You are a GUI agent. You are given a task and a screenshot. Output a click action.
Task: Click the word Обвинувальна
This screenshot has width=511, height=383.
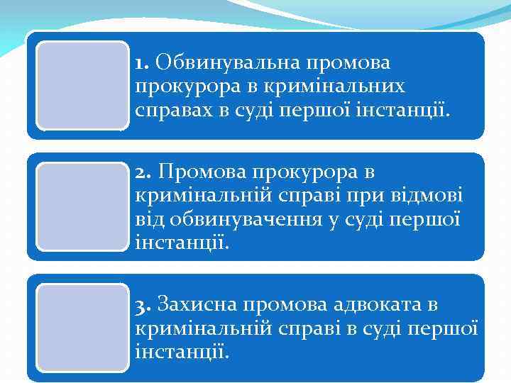click(x=226, y=63)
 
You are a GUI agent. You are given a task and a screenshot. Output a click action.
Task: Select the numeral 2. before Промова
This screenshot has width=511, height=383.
click(x=143, y=172)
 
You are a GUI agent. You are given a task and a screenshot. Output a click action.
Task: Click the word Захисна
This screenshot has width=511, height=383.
click(x=197, y=305)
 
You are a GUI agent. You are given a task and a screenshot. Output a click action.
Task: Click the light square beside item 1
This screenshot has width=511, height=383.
click(x=82, y=85)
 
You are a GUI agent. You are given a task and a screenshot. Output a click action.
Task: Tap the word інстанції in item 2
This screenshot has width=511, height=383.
click(x=181, y=244)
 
